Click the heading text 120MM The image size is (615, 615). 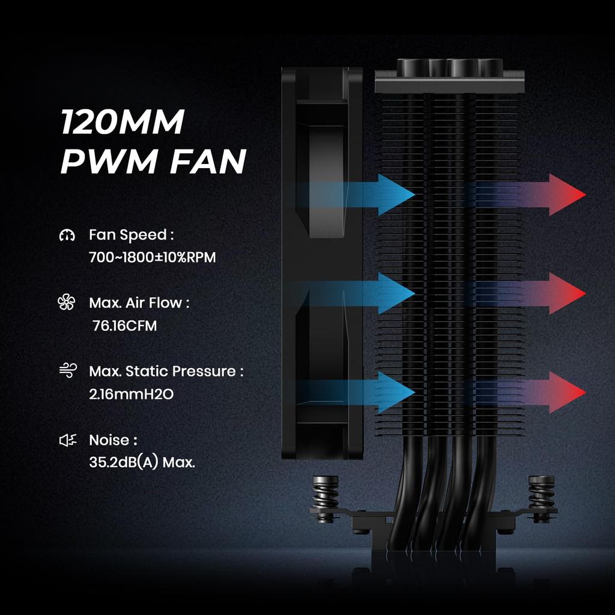122,123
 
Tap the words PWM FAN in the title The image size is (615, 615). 153,161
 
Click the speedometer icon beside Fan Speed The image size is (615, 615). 67,235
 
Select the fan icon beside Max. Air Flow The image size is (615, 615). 66,303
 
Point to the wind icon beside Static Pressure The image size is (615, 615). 67,371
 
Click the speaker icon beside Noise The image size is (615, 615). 67,440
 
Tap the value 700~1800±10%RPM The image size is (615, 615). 152,258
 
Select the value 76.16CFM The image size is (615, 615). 125,326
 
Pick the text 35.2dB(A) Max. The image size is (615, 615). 142,463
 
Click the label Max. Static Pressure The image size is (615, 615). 166,371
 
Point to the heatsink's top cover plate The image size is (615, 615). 449,81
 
